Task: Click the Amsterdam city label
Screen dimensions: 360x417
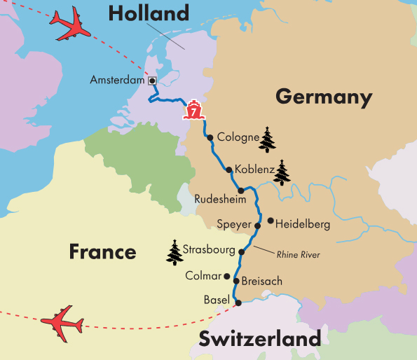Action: pyautogui.click(x=117, y=81)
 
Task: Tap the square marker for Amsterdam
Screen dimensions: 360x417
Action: pyautogui.click(x=151, y=80)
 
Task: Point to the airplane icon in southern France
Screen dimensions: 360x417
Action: pyautogui.click(x=62, y=322)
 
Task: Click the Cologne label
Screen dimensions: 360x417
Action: pyautogui.click(x=238, y=137)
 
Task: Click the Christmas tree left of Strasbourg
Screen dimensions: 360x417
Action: pyautogui.click(x=175, y=252)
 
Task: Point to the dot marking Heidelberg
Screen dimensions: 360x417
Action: pyautogui.click(x=271, y=221)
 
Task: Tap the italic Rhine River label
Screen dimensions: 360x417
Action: pyautogui.click(x=298, y=255)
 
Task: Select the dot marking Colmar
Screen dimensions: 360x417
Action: pyautogui.click(x=226, y=276)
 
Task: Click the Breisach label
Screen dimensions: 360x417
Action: pyautogui.click(x=261, y=281)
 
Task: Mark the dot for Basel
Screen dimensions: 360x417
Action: pyautogui.click(x=238, y=303)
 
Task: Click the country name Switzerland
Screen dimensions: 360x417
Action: pyautogui.click(x=259, y=340)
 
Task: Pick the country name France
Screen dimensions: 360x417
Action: pyautogui.click(x=102, y=251)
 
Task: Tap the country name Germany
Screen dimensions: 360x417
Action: pyautogui.click(x=323, y=97)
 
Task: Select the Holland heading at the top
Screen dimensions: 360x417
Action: pyautogui.click(x=149, y=13)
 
